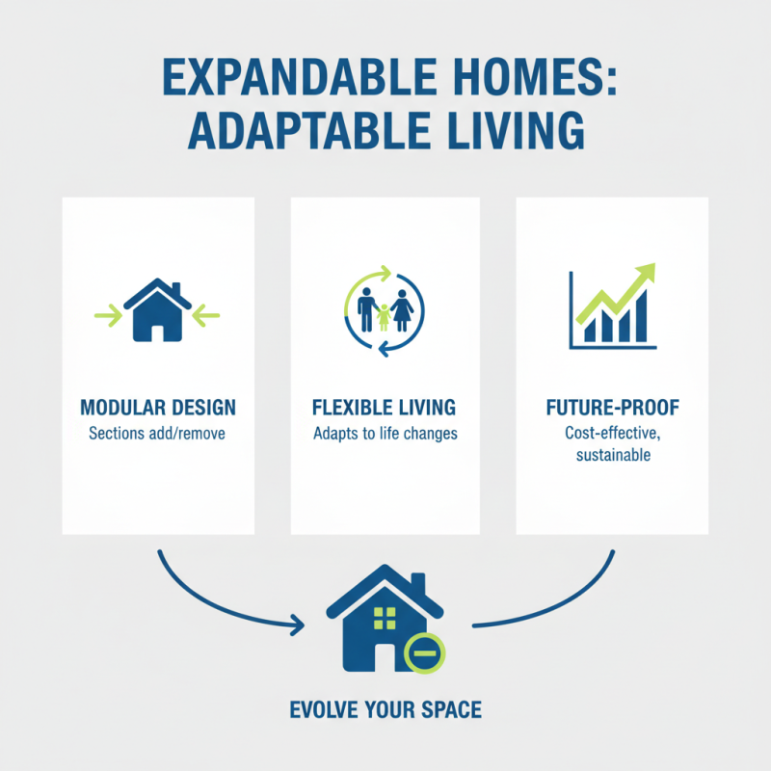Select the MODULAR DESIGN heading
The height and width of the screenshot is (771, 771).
coord(156,407)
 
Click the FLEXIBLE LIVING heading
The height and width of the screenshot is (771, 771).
coord(385,407)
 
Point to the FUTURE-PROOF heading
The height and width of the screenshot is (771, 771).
coord(613,406)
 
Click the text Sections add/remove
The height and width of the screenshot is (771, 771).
coord(156,434)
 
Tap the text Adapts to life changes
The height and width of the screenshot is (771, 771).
coord(385,434)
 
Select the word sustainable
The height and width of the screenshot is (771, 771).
coord(613,453)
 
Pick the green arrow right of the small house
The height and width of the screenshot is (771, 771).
coord(207,313)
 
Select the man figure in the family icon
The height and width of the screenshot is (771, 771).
coord(365,310)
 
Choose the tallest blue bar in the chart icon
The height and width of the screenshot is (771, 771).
coord(640,315)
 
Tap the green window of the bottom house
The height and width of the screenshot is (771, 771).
coord(385,618)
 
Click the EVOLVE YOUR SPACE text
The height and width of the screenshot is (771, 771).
coord(385,711)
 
